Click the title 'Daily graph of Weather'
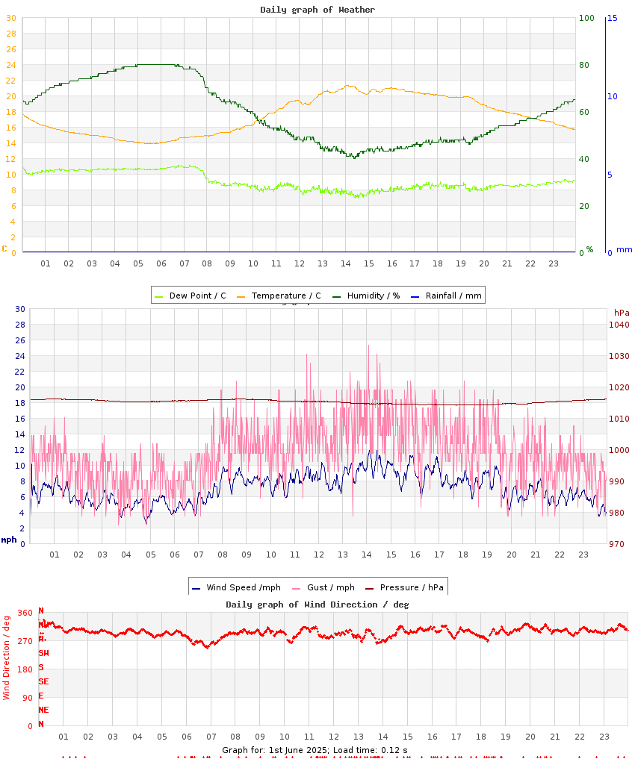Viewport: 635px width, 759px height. (317, 10)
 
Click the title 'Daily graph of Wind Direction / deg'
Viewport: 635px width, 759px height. (317, 605)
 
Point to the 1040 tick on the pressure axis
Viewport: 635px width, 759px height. (619, 325)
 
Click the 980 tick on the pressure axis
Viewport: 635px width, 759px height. (619, 513)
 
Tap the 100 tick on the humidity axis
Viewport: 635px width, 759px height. (586, 18)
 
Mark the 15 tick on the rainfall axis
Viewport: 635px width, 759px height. (612, 18)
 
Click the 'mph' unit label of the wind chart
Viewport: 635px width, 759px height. (9, 540)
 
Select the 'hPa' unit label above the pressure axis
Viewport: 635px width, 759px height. (622, 312)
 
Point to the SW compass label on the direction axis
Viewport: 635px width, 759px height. (44, 653)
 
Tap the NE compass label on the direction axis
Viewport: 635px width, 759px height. (44, 710)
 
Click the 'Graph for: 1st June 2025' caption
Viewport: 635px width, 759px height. (274, 749)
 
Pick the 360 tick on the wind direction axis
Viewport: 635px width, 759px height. (25, 613)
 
